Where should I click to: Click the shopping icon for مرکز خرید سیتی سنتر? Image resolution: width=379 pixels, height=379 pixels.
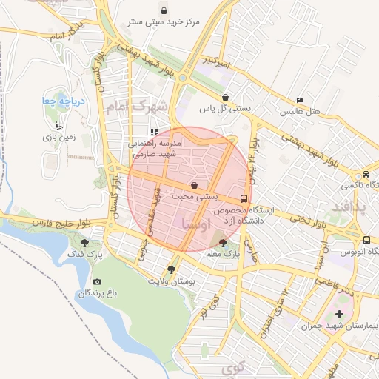[163, 10]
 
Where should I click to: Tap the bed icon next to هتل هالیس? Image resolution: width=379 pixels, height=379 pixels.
[300, 100]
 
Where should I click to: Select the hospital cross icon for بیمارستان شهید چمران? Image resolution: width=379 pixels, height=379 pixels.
[340, 315]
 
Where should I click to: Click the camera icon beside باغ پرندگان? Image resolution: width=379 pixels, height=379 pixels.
[97, 282]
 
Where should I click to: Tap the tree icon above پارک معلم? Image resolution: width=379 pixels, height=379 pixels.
[224, 242]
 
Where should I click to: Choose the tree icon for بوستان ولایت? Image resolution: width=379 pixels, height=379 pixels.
[172, 269]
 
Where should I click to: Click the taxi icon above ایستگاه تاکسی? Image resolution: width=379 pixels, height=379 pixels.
[366, 173]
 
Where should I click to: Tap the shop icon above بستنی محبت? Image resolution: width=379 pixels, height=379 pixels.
[194, 185]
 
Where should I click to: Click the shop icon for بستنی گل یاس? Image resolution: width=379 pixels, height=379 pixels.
[225, 97]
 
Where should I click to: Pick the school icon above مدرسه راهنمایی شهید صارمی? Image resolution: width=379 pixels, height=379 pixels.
[154, 133]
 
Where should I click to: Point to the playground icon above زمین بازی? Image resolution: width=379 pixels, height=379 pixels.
[58, 124]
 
